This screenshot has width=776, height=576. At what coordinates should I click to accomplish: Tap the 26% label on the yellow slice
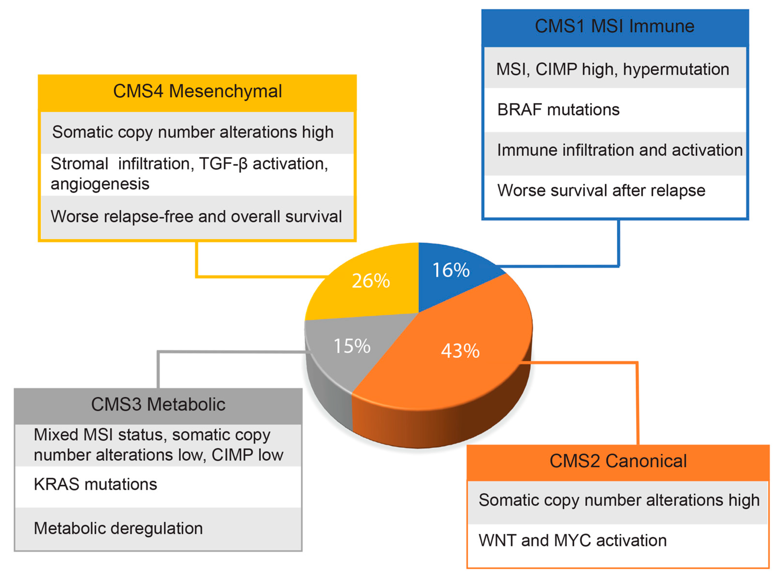371,281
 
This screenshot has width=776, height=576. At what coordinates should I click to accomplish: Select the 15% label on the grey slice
352,346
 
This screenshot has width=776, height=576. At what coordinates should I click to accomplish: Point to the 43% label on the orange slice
460,351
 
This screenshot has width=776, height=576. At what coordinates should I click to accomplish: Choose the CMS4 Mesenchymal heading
197,91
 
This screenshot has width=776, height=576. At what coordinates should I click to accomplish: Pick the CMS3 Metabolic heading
158,404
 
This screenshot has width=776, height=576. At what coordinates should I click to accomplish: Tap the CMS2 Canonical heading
618,461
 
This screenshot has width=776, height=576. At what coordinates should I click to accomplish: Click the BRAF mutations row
558,110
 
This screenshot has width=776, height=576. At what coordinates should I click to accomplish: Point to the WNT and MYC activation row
572,540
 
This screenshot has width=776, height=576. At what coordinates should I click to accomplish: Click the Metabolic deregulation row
118,528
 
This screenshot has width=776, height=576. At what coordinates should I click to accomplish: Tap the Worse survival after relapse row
601,190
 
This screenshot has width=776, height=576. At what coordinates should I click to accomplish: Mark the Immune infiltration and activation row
619,150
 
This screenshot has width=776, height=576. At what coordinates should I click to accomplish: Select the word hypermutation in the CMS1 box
676,69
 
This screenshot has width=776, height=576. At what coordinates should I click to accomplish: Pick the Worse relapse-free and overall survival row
196,216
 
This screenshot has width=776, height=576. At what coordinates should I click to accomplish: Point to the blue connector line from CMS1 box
619,244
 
